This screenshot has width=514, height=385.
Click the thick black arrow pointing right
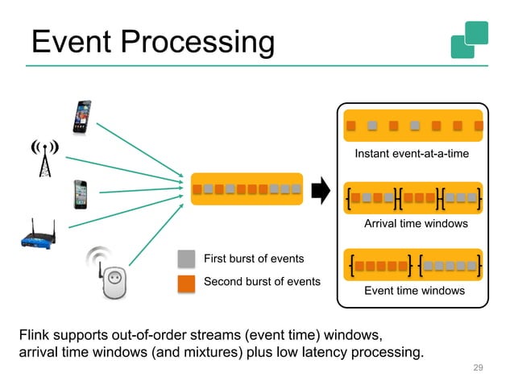321,191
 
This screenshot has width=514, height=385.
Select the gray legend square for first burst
186,259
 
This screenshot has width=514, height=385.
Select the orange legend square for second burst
186,282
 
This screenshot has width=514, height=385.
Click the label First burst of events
254,259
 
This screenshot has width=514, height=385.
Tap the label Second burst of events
262,282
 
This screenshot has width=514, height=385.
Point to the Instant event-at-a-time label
412,153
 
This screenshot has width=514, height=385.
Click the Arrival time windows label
416,223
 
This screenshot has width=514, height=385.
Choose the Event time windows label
414,290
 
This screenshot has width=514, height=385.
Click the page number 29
478,368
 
